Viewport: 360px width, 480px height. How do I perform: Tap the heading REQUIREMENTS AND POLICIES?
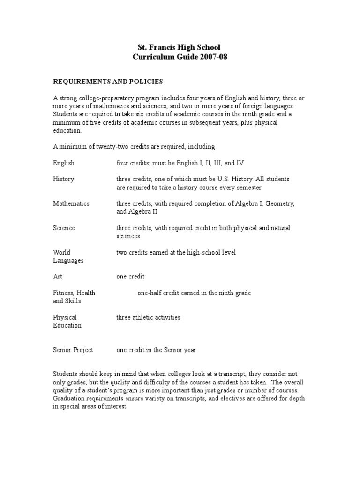click(108, 82)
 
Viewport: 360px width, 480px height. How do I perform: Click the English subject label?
click(64, 163)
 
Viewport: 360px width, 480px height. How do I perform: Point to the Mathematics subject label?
click(71, 203)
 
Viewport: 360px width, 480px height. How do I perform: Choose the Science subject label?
click(64, 228)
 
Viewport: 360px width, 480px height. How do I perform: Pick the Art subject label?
click(58, 277)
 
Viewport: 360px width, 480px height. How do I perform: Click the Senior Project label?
click(73, 350)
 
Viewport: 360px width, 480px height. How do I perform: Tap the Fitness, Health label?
click(74, 293)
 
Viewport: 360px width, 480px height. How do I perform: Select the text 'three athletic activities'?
click(148, 317)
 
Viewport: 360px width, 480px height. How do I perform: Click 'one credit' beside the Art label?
click(130, 277)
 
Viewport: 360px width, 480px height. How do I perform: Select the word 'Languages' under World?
click(68, 261)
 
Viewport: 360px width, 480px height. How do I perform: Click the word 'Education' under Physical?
click(67, 325)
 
